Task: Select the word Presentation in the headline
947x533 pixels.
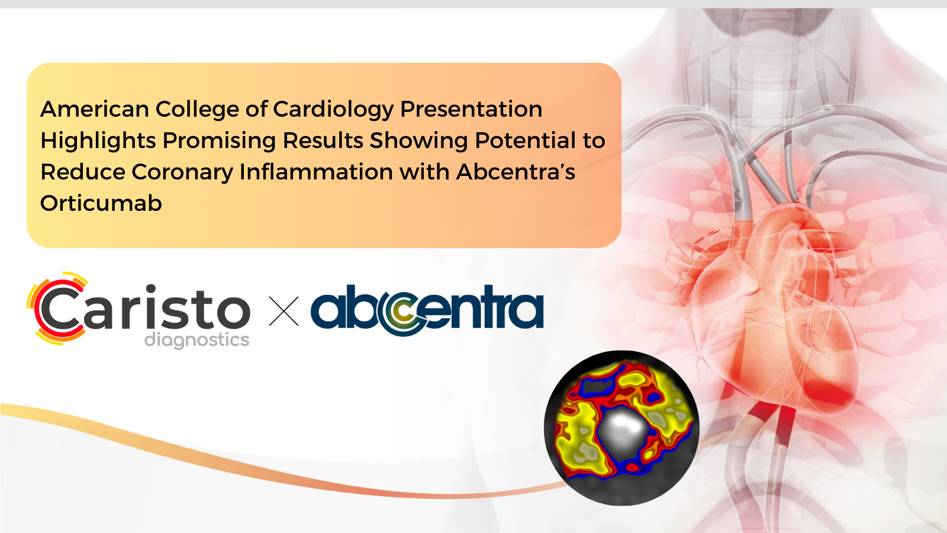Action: pos(471,109)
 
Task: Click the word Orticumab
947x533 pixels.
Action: pos(101,203)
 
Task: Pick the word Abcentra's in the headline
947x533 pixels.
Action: pos(516,172)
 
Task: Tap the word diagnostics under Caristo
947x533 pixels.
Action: pos(197,340)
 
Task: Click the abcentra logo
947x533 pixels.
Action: pos(427,310)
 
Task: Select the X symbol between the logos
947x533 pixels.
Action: pos(284,311)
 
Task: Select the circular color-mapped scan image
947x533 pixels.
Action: pos(621,428)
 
